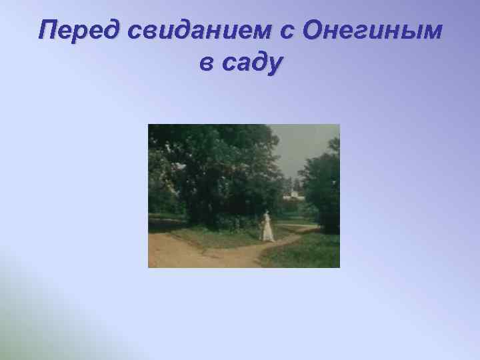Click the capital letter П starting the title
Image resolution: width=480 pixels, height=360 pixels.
(47, 31)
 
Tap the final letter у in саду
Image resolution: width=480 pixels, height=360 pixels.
(274, 67)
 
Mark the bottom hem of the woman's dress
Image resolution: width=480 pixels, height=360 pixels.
(268, 239)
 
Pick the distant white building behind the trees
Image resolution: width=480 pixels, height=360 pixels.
(293, 194)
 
